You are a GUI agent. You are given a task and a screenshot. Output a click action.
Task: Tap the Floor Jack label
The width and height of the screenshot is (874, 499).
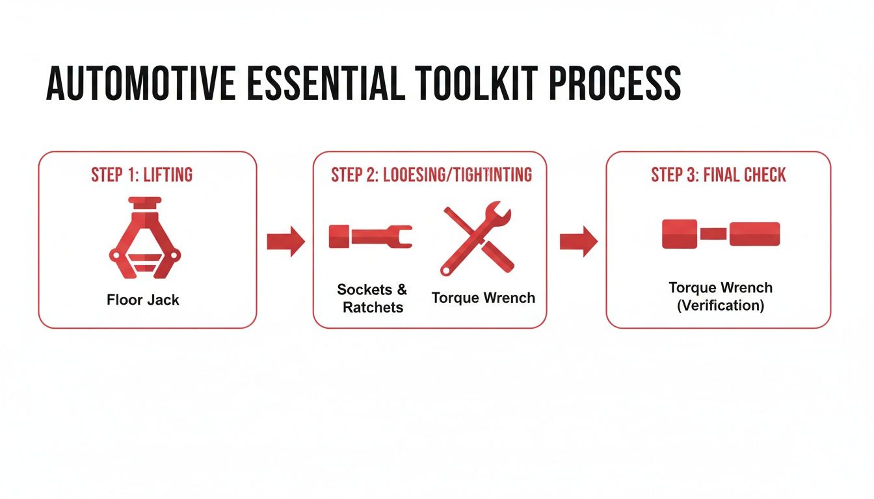click(143, 300)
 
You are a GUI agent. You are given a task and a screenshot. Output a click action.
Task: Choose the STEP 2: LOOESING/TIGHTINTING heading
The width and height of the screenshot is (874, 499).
click(430, 175)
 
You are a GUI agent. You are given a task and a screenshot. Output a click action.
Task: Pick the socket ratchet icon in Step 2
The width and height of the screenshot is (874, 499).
click(370, 236)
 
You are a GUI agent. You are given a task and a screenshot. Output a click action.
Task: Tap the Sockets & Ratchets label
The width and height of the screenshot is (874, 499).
click(373, 298)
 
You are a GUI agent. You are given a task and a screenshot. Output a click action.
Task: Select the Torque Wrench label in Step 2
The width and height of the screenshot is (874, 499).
click(483, 298)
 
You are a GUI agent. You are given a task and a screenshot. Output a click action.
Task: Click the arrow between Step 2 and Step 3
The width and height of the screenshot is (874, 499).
click(578, 242)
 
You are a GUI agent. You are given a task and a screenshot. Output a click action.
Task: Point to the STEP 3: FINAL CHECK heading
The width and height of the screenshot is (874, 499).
click(718, 175)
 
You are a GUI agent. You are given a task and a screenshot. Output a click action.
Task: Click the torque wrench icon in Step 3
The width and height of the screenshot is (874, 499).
click(721, 235)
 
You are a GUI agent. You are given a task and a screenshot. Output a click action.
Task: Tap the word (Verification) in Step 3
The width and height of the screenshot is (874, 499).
click(720, 305)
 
